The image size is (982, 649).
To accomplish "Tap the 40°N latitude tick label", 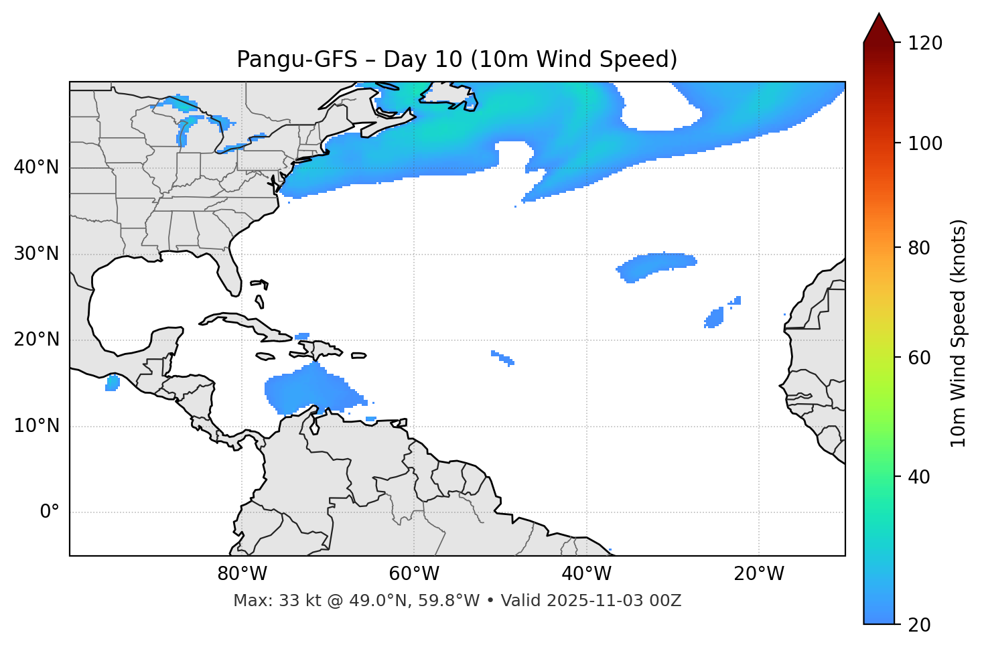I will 36,167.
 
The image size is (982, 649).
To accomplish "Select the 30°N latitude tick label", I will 36,254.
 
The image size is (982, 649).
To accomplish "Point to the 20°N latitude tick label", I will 36,340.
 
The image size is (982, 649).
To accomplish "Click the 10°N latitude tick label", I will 36,426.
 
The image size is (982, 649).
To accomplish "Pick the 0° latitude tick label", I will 49,512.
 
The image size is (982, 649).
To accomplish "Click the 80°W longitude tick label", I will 242,574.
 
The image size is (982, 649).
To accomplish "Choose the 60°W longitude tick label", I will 414,574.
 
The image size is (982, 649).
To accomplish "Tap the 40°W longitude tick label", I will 586,574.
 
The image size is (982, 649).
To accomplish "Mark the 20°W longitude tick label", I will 758,574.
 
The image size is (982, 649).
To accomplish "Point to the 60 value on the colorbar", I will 920,358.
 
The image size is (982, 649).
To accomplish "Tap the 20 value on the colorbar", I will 920,624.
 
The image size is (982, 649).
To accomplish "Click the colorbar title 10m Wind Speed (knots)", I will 959,333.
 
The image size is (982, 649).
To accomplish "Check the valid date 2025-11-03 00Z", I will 614,601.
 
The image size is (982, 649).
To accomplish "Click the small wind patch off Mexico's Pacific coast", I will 113,383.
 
